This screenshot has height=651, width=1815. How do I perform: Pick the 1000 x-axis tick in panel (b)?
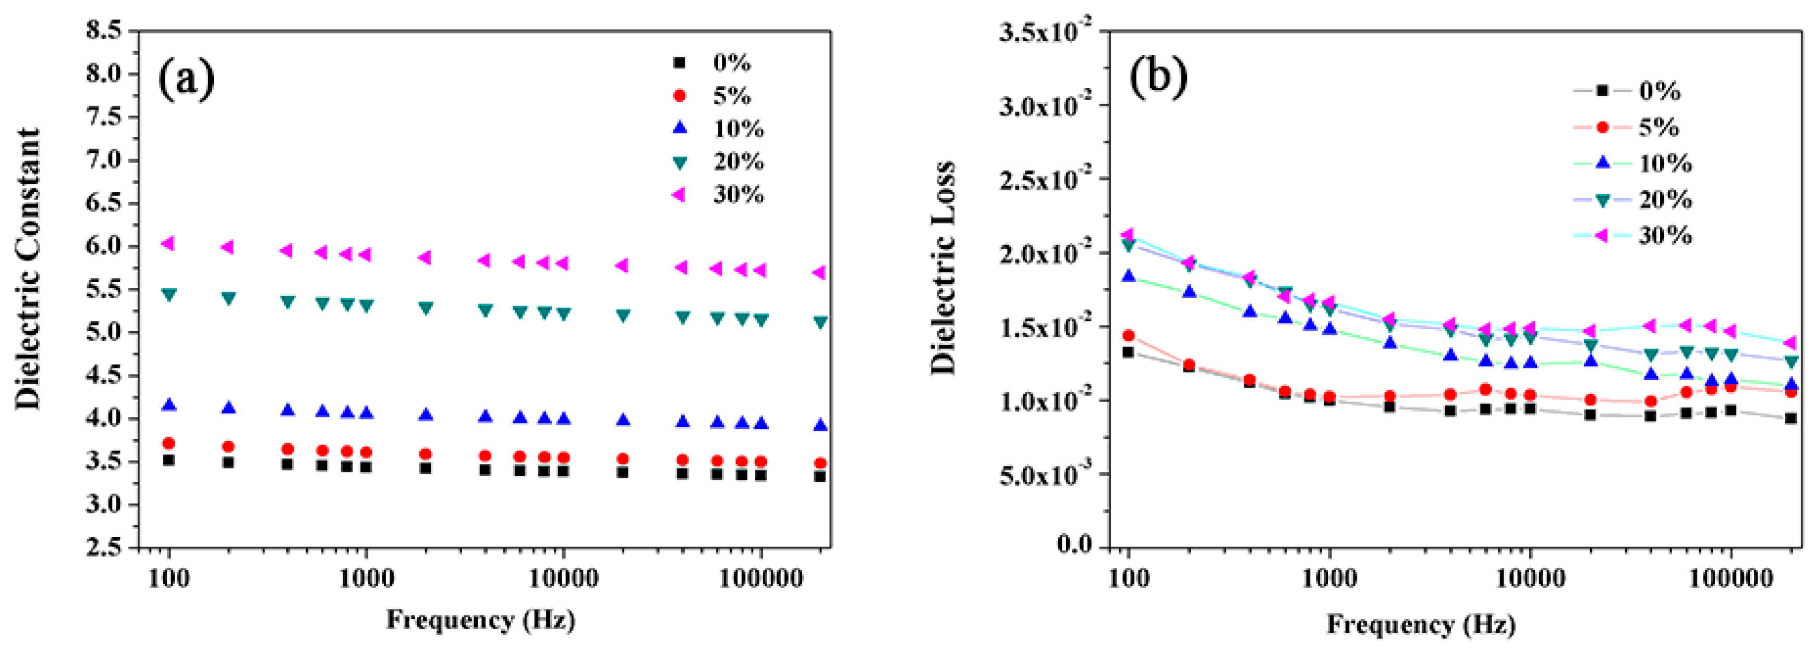click(1329, 578)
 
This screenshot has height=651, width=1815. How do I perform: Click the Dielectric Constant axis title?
click(28, 269)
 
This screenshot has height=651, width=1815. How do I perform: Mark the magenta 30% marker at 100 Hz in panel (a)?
click(168, 243)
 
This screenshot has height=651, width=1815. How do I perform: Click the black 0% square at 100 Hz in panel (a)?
click(168, 460)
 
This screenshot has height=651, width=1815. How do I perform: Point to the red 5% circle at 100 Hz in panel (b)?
click(1129, 335)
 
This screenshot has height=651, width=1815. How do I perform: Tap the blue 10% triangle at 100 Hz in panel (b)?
click(1129, 276)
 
